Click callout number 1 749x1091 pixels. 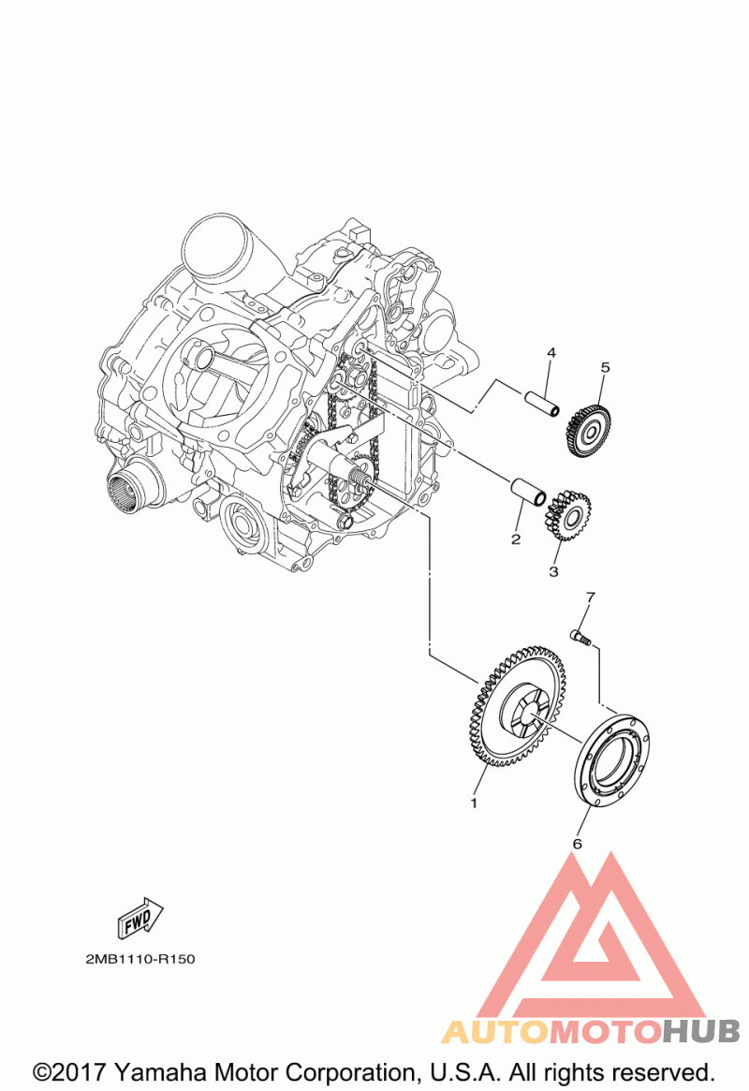474,803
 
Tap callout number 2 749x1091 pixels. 515,539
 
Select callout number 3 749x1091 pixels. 553,571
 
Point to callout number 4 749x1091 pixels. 551,353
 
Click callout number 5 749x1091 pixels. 604,367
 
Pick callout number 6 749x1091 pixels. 577,844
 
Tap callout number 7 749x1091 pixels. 591,597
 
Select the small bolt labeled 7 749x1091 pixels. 580,636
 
